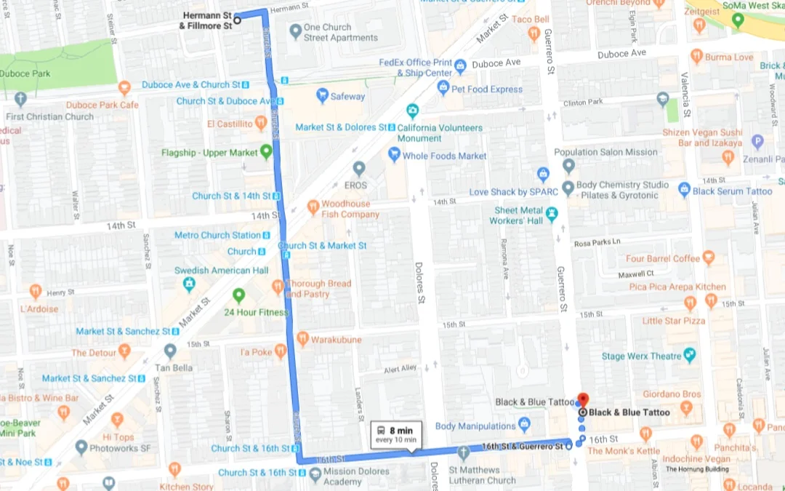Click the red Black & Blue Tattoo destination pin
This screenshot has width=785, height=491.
[581, 399]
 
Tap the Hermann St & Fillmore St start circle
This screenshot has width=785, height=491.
[238, 20]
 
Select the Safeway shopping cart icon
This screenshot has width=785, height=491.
[322, 96]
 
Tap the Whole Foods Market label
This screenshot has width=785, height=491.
[445, 156]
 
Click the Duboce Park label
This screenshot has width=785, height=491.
[25, 73]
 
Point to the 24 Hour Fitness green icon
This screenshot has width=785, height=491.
[238, 295]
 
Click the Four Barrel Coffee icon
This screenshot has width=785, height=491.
[709, 258]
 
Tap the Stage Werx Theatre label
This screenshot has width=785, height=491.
[641, 356]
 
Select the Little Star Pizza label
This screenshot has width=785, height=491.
[673, 321]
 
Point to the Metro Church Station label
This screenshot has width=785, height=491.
[217, 235]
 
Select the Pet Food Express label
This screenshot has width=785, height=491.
[486, 89]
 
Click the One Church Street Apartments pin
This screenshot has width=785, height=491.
[295, 31]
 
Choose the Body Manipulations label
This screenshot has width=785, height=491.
[475, 426]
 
